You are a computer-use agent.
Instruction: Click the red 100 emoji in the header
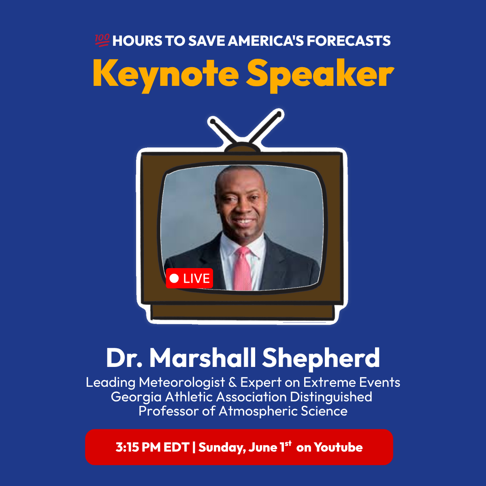102,40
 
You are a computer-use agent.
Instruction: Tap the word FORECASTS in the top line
349,41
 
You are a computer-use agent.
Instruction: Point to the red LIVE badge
190,278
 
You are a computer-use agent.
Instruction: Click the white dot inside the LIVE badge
174,278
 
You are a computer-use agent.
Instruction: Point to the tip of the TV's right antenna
279,114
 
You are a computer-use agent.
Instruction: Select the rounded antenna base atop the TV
242,147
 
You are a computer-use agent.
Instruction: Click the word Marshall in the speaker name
203,358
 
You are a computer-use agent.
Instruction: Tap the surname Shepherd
321,358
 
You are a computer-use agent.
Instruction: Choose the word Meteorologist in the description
182,382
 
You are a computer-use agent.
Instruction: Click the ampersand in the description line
232,382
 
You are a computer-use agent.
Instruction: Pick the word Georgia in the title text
136,397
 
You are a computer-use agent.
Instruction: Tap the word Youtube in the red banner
338,447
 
